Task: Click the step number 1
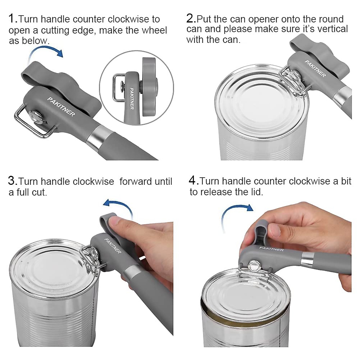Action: (12, 19)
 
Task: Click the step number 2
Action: (190, 19)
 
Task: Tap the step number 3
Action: (12, 181)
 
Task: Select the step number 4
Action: (193, 181)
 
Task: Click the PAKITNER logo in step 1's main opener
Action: (61, 106)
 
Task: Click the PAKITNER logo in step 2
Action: (315, 69)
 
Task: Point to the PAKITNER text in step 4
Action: (271, 249)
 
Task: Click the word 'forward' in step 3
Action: (135, 181)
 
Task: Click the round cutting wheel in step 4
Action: (254, 266)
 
